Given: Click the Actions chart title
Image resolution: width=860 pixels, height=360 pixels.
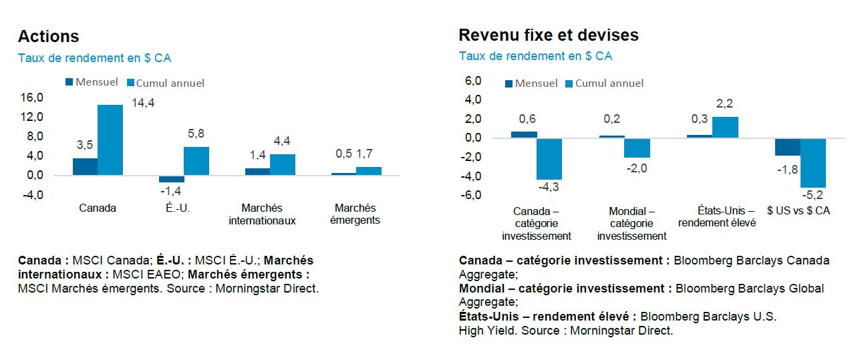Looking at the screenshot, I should click(x=48, y=36).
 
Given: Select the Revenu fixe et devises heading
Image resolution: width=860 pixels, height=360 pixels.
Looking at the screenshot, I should click(x=548, y=35).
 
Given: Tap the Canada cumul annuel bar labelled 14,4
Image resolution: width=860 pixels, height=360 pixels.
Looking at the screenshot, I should click(x=110, y=140).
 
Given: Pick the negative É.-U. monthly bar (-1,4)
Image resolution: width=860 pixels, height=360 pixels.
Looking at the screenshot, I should click(x=171, y=178).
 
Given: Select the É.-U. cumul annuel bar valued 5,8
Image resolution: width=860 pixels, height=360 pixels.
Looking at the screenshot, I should click(x=196, y=161).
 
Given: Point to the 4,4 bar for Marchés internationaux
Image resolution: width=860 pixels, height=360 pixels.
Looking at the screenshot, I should click(x=283, y=164).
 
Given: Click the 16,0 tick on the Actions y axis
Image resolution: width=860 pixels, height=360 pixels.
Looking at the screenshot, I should click(x=31, y=98).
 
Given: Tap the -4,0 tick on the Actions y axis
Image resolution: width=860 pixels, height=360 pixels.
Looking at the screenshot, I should click(x=31, y=195).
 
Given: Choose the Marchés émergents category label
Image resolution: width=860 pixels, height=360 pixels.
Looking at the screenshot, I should click(x=355, y=214).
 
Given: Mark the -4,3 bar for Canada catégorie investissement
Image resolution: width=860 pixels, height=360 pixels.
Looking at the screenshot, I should click(x=550, y=159).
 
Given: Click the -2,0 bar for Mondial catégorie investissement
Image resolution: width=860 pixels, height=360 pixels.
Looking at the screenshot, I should click(x=637, y=148).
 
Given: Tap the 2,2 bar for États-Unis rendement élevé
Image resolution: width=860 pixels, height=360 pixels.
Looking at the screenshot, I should click(x=725, y=127).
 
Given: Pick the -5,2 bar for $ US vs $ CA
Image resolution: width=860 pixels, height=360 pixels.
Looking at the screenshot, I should click(x=813, y=163).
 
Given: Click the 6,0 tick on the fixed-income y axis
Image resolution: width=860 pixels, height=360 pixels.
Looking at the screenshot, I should click(x=473, y=81).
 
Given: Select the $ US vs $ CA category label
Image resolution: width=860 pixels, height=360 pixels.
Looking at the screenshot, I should click(x=799, y=210).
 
